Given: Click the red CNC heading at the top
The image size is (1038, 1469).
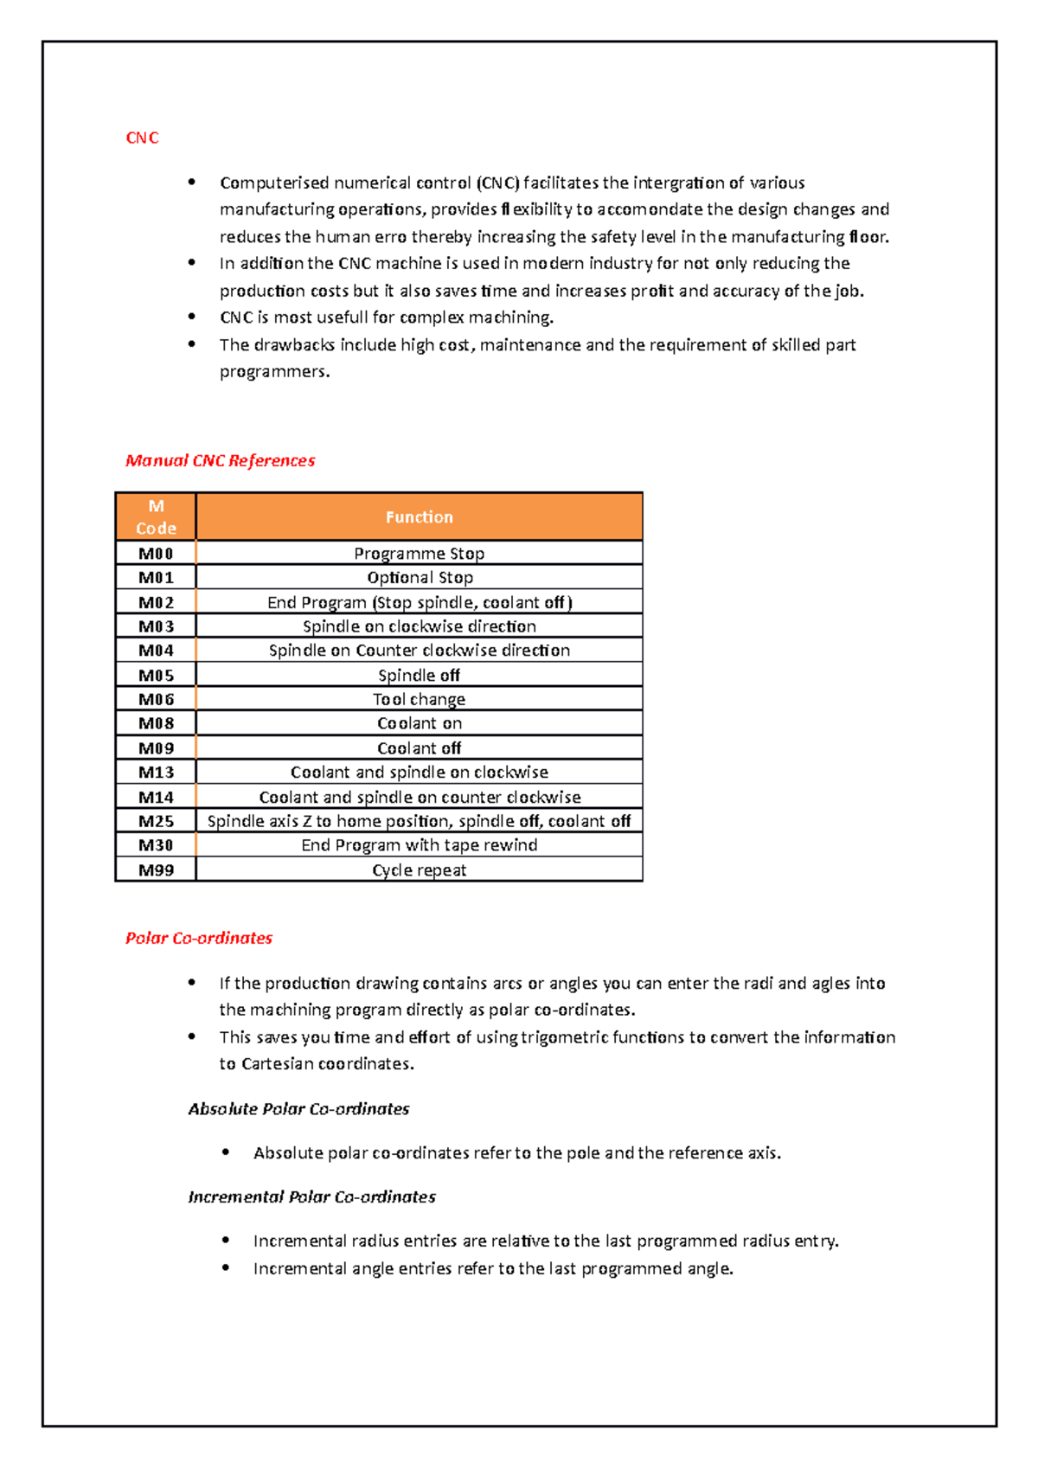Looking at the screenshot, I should coord(142,138).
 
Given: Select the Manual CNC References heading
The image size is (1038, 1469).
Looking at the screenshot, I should coord(220,460).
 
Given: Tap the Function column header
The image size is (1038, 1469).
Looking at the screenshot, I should coord(419,517).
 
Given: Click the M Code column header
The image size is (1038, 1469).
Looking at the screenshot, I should coord(156,517).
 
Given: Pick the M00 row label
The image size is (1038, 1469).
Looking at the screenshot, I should coord(156,554).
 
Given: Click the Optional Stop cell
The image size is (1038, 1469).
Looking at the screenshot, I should coord(420,578).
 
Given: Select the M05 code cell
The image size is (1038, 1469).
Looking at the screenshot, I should coord(156,676).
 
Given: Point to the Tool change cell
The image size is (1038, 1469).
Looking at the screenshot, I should coord(419,699).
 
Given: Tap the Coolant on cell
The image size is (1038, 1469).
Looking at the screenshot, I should coord(420,723).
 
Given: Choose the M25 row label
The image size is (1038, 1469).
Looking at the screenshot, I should coord(156,821).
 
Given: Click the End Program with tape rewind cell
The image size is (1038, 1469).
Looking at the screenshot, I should coord(419,845).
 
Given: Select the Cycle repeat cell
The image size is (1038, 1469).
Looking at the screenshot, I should coord(419,870).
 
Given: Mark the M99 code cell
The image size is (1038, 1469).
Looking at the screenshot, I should coord(156,870).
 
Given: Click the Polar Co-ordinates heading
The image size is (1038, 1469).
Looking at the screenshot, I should coord(198,938).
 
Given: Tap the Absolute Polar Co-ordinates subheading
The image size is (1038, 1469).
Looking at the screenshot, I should coord(298,1109).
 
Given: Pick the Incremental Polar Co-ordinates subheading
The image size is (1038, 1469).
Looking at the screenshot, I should coord(311,1197).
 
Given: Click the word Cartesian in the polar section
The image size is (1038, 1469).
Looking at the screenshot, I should coord(277,1064).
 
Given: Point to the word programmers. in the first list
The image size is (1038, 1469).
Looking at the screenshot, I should coord(274,372).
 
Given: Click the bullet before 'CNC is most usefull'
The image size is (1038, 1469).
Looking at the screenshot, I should coord(192,317).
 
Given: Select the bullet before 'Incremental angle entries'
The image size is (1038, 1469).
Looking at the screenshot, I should coord(226,1267).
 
